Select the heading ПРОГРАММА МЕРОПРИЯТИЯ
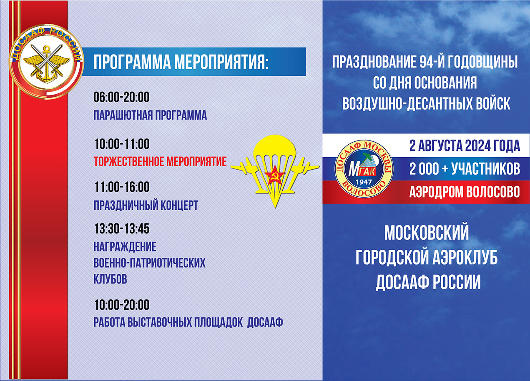click(181, 62)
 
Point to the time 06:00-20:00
click(121, 97)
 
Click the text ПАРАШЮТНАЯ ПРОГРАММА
click(150, 115)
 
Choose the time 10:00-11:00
click(122, 144)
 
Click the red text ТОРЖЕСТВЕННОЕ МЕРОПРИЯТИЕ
click(160, 161)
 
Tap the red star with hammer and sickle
click(275, 175)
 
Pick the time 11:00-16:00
click(122, 187)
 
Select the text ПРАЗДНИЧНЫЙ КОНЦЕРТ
click(146, 205)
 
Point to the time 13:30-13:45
click(122, 229)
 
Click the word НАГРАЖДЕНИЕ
click(125, 247)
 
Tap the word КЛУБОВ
click(110, 279)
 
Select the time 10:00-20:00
click(122, 305)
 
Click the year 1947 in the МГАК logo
click(364, 182)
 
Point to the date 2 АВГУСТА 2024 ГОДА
click(465, 146)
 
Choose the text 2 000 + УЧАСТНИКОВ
click(465, 169)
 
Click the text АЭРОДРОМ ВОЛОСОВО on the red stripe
click(465, 192)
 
